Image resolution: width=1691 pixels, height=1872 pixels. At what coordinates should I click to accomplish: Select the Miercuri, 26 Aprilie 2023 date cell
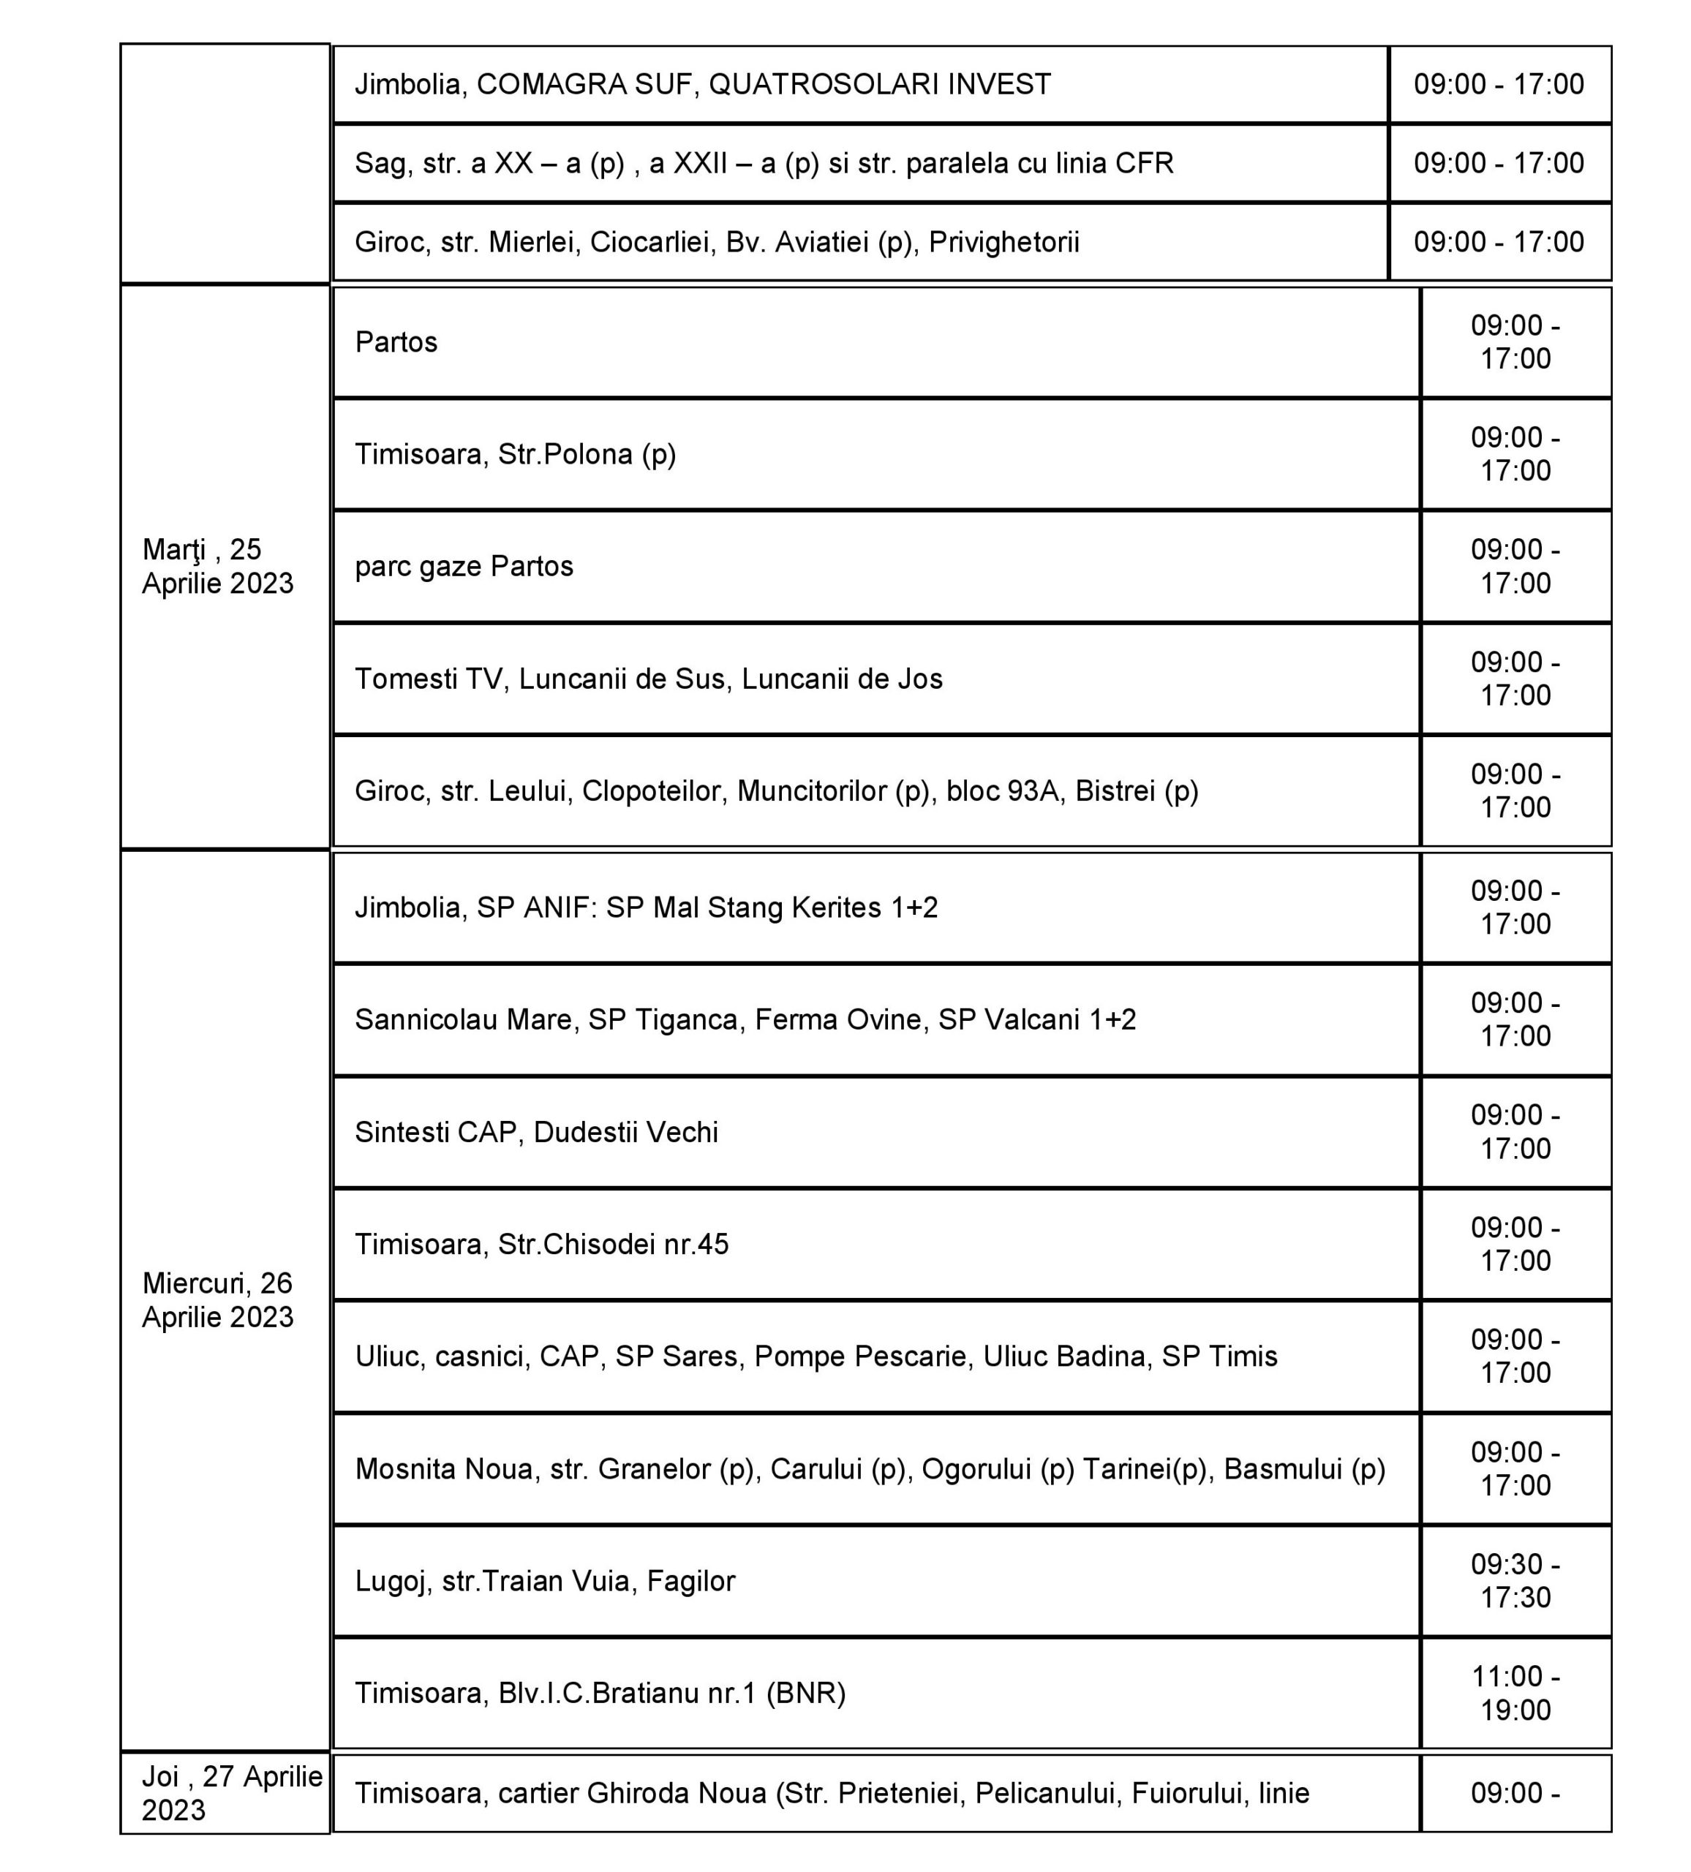coord(217,1299)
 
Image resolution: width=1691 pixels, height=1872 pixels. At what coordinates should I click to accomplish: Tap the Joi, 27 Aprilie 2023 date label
coord(231,1792)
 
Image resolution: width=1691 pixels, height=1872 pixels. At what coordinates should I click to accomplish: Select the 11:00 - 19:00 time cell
coord(1515,1693)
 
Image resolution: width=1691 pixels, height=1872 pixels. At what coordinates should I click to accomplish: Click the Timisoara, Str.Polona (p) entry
coord(516,454)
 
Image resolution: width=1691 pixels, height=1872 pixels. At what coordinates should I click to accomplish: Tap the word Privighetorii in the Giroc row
coord(1003,242)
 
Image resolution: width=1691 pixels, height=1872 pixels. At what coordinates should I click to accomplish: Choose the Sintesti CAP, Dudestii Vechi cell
coord(536,1132)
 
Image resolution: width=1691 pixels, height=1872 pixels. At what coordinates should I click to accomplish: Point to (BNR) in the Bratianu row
coord(805,1693)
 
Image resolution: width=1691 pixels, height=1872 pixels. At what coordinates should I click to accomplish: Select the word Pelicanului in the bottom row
coord(1044,1792)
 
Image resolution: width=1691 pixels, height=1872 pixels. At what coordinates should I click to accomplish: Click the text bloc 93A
coord(1002,791)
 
